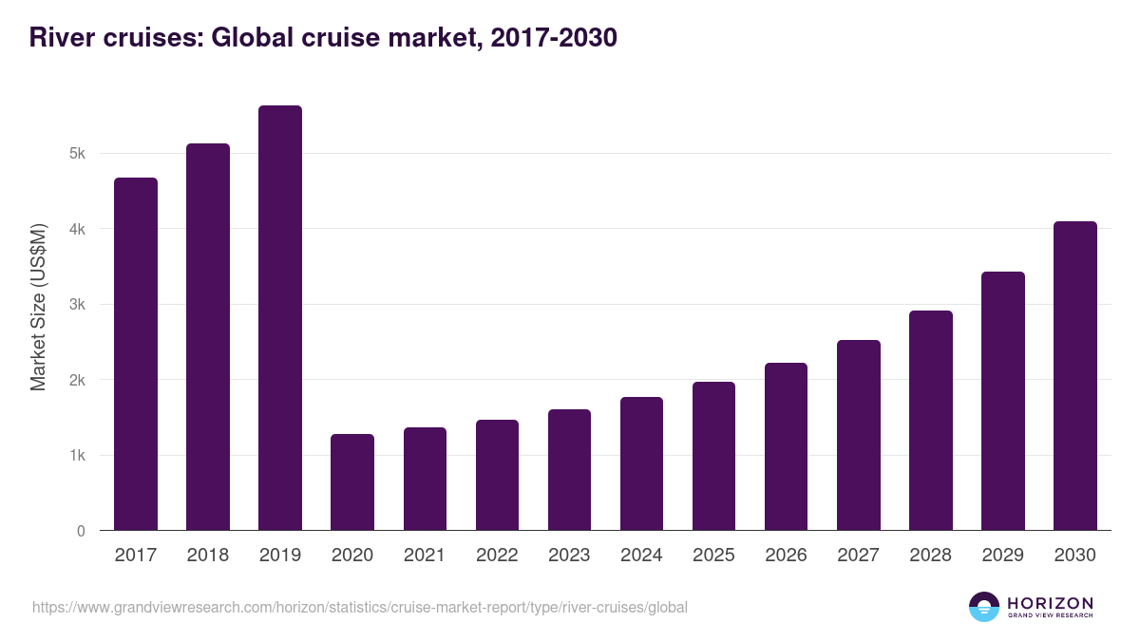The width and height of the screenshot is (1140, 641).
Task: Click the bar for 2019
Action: (x=280, y=318)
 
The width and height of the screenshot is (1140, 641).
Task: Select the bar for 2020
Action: (x=352, y=482)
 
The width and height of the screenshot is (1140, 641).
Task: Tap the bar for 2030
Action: (x=1075, y=376)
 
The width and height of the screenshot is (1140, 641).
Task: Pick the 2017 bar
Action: (x=136, y=354)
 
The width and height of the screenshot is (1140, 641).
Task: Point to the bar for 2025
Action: (x=713, y=456)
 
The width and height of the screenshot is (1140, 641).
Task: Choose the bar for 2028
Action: (x=931, y=421)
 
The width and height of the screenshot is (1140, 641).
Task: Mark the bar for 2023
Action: (x=569, y=470)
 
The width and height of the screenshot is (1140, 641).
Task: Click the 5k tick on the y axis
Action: (x=78, y=154)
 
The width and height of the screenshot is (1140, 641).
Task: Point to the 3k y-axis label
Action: (x=78, y=305)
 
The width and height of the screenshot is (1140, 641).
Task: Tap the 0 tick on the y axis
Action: (x=81, y=531)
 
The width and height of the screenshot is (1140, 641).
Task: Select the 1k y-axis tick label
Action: (x=78, y=456)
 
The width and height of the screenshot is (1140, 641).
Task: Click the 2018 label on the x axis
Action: (x=208, y=556)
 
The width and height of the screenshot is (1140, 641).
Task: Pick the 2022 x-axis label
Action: (x=497, y=556)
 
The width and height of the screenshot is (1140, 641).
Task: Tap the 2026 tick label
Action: (x=786, y=556)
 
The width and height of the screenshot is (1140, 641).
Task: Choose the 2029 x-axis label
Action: (x=1002, y=556)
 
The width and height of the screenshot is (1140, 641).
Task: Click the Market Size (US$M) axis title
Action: (x=38, y=306)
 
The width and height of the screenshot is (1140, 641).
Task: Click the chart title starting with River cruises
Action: (x=323, y=38)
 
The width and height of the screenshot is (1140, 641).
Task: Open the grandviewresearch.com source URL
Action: (x=359, y=607)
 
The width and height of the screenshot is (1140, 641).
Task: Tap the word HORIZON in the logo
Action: (x=1050, y=603)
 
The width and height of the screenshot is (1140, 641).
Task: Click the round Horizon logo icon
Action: (x=984, y=607)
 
